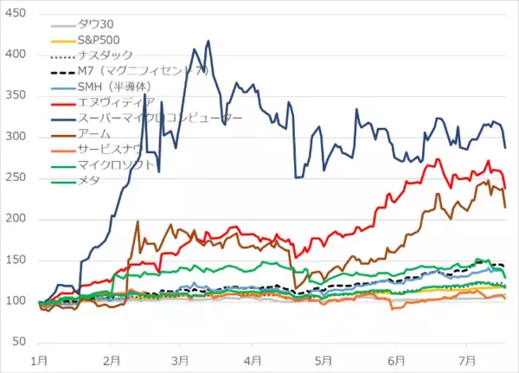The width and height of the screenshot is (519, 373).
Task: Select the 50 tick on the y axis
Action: tap(19, 343)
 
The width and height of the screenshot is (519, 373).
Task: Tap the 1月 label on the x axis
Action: tap(39, 359)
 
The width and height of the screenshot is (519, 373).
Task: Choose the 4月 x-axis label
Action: tap(253, 359)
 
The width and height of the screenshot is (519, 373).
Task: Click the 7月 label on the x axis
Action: tap(466, 359)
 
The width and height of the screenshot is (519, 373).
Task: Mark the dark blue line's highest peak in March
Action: tap(208, 40)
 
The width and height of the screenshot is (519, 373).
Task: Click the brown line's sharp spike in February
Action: tap(138, 221)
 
